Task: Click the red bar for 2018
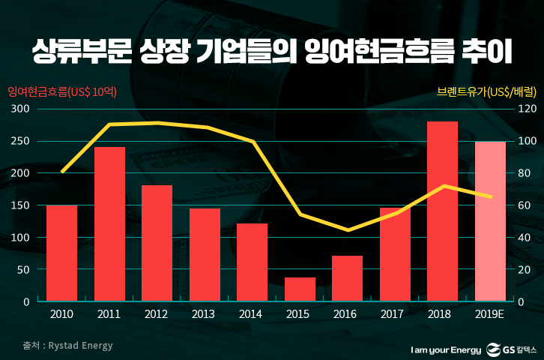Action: coord(442,211)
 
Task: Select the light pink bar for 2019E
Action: coord(490,221)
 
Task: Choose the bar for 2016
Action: coord(347,278)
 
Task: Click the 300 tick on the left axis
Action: coord(20,109)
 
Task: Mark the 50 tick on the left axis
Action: coord(23,269)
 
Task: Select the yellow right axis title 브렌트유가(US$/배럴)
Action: coord(486,92)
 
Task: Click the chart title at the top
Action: coord(271,52)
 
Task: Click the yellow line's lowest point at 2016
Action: coord(347,230)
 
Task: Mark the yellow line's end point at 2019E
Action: coord(491,197)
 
